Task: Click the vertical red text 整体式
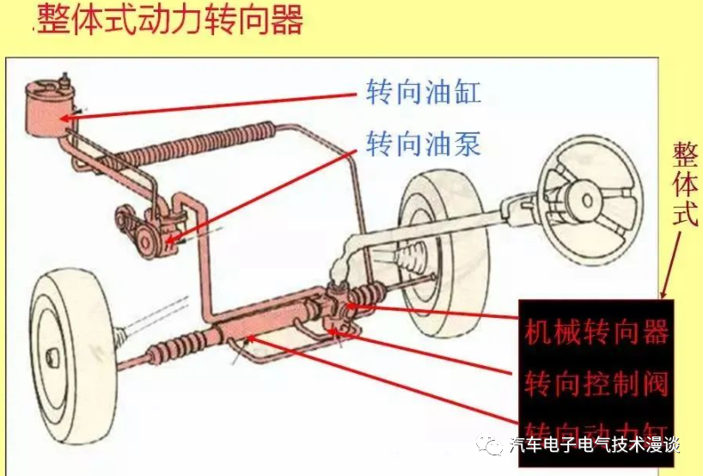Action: (684, 185)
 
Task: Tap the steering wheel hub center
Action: (589, 200)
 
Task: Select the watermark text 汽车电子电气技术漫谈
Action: (593, 446)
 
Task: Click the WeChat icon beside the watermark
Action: (494, 446)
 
